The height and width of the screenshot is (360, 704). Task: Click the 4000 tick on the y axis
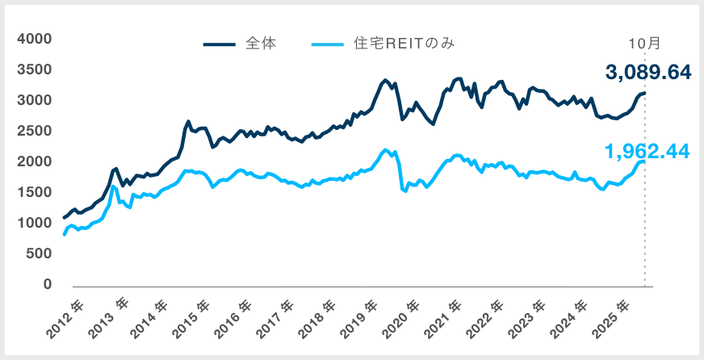coord(35,39)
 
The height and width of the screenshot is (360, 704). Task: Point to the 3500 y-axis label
coord(35,69)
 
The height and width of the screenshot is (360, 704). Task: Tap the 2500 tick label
coord(35,131)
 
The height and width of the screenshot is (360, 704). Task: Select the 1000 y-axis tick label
coord(35,223)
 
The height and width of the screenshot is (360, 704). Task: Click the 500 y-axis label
coord(40,253)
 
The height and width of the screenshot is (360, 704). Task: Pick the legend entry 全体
coord(261,44)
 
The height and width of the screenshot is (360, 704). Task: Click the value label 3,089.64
coord(648,73)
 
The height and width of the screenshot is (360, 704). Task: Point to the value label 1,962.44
coord(648,150)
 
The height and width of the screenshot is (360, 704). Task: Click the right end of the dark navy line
coord(644,93)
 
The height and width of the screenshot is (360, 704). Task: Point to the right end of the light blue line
coord(644,161)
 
